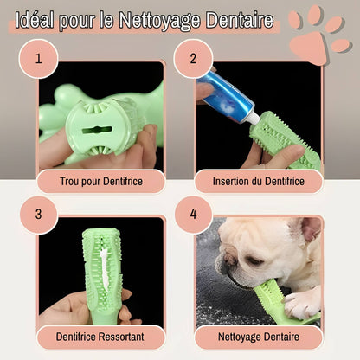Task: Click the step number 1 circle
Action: [x=39, y=59]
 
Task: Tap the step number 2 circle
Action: [x=193, y=59]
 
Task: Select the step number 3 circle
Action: [x=39, y=215]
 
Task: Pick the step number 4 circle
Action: [x=193, y=215]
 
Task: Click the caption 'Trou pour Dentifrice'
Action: [x=101, y=182]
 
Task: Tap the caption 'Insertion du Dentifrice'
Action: [x=259, y=182]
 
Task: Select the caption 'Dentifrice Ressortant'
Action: [x=100, y=337]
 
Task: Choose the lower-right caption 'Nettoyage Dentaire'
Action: [x=259, y=337]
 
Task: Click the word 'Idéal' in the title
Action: [x=35, y=20]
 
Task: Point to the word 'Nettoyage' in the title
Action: [x=159, y=21]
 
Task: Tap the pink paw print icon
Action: [x=319, y=34]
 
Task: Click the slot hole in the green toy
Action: [x=97, y=130]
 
